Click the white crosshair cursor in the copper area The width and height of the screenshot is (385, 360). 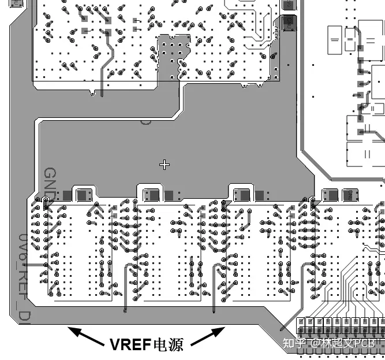pyautogui.click(x=165, y=165)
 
